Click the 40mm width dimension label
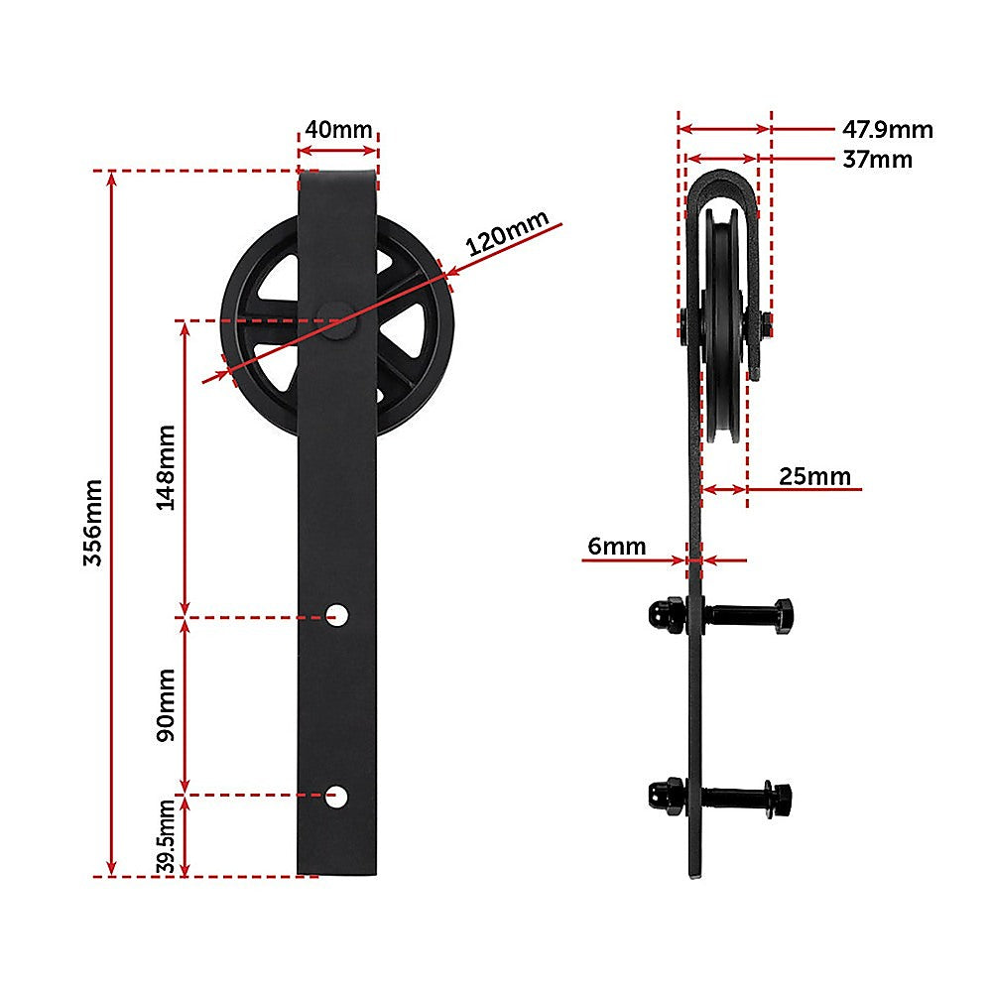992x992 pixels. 338,129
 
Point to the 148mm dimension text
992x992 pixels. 166,467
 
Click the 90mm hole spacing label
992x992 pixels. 166,705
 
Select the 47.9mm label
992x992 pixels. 887,129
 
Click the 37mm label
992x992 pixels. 877,159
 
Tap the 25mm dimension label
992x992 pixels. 814,476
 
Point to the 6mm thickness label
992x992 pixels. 616,547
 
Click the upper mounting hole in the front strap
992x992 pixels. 338,616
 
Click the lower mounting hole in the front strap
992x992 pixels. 338,795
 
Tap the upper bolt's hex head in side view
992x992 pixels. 781,616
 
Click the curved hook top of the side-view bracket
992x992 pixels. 721,184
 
